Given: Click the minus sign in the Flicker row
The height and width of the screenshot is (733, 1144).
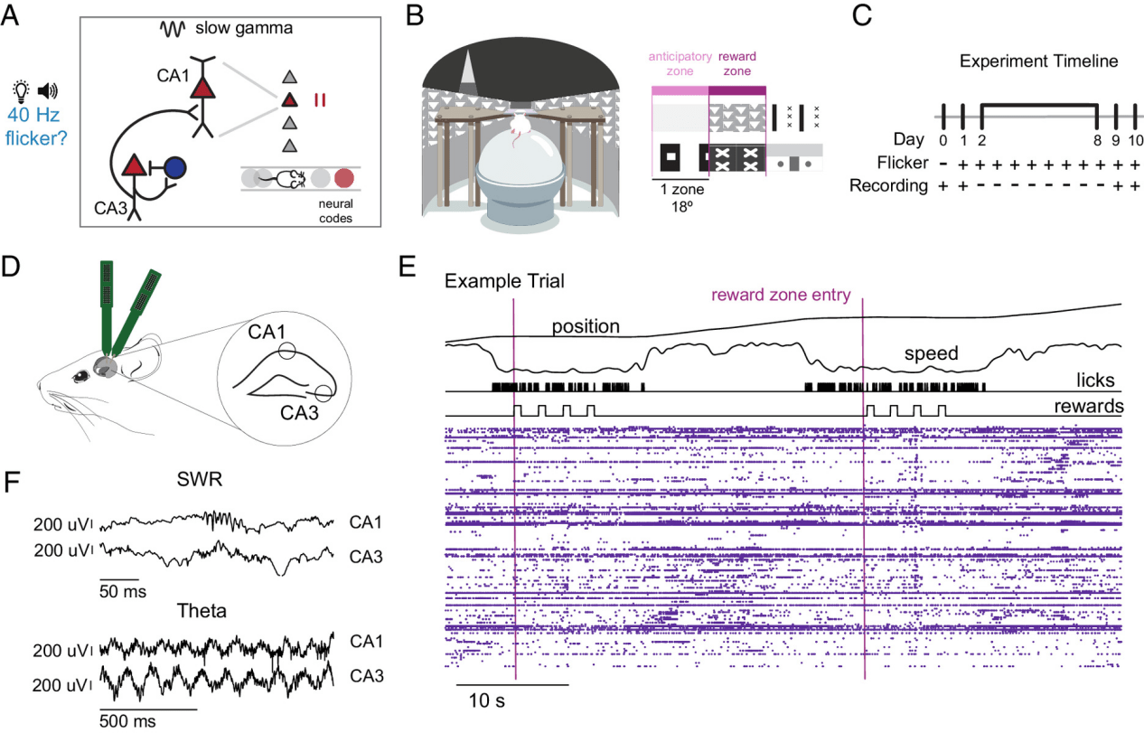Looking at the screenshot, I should tap(942, 164).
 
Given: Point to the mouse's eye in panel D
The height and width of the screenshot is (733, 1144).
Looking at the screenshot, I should tap(89, 374).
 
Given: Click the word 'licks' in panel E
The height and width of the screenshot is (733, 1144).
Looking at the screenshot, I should tap(1096, 381).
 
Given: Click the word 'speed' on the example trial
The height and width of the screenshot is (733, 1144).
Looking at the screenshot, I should tap(931, 354).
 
